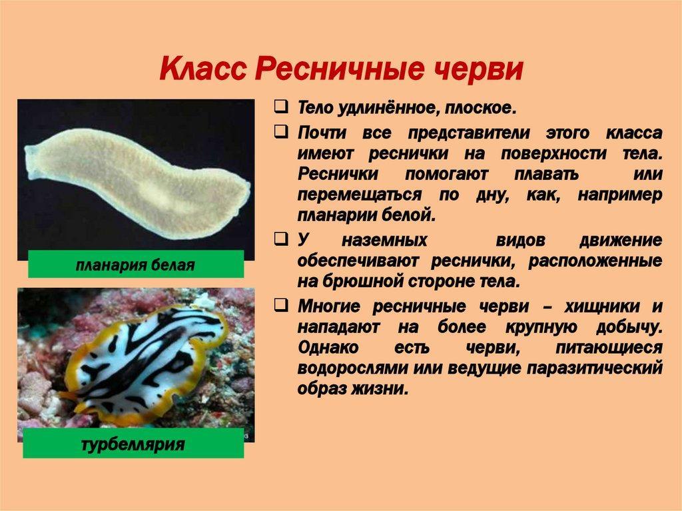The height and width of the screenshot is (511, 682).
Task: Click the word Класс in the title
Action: tap(203, 69)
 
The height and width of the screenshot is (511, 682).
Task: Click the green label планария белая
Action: tap(136, 264)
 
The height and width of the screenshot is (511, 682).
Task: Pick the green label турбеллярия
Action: tap(133, 444)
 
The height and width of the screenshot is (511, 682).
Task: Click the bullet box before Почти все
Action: tap(282, 131)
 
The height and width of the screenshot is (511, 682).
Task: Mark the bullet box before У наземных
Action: tap(282, 239)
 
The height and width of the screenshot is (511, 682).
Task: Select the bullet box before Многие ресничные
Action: tap(282, 305)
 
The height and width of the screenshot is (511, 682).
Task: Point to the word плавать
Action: tap(546, 174)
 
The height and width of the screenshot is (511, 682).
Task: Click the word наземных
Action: tap(384, 241)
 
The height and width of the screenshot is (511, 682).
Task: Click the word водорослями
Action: tap(352, 368)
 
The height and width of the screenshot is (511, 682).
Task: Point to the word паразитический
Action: tap(595, 368)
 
